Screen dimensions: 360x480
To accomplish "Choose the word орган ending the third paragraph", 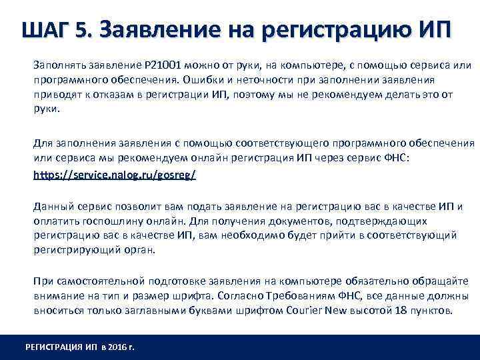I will [x=137, y=250].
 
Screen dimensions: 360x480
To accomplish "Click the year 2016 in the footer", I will [x=114, y=347].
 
